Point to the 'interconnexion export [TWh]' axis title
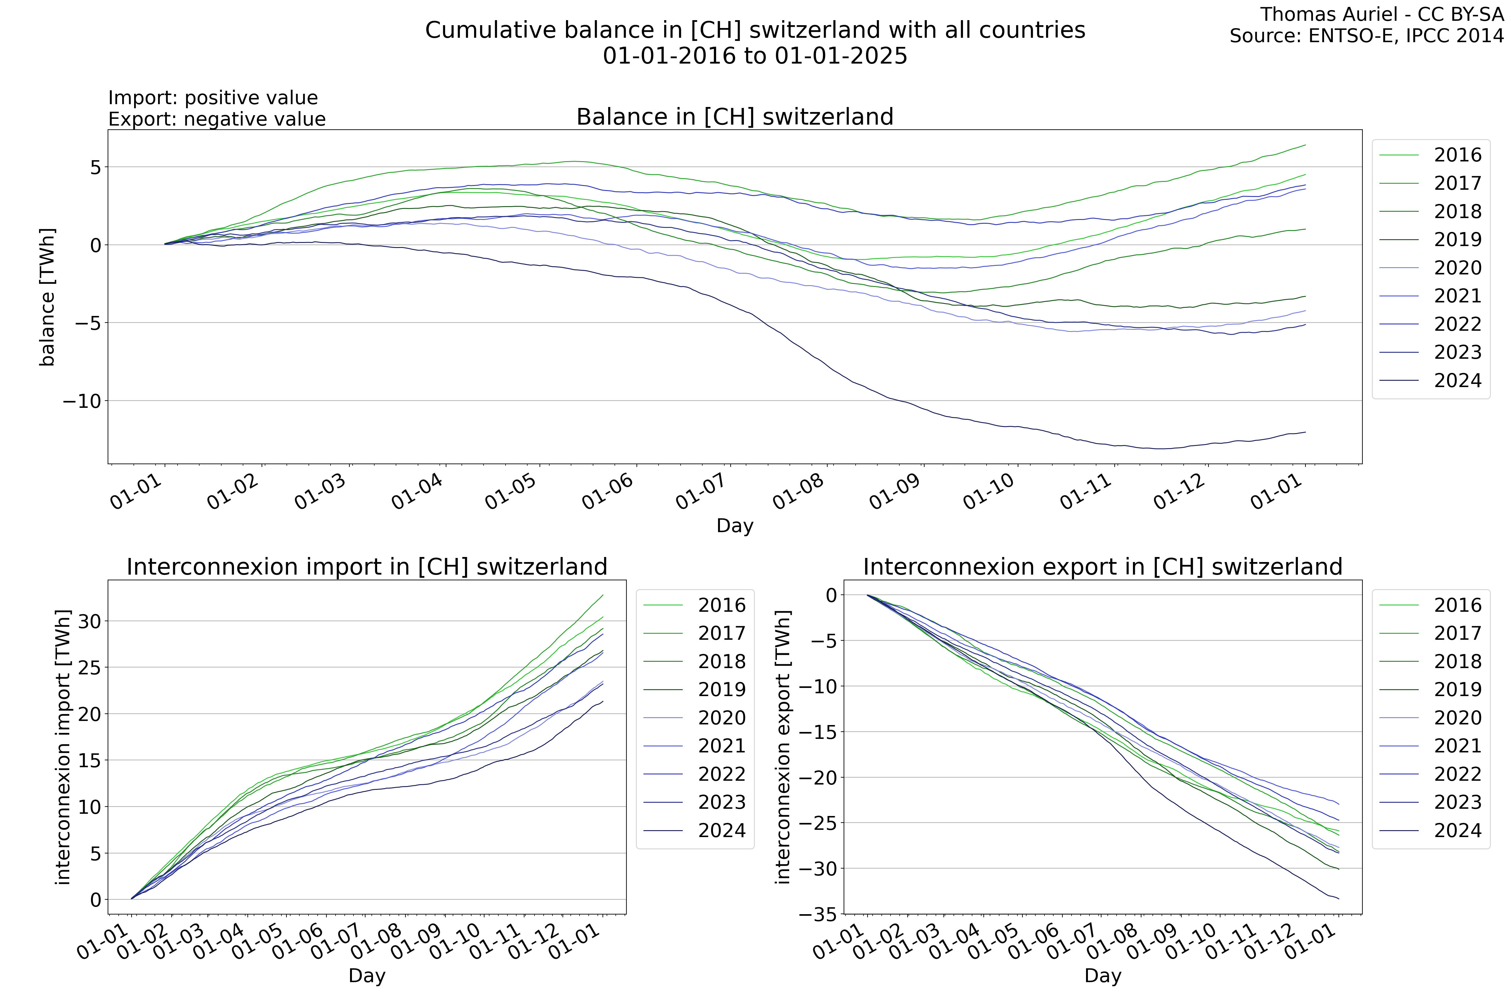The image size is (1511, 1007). (783, 747)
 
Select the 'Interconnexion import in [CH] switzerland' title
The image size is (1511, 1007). (367, 567)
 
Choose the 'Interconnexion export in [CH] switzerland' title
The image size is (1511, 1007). (1102, 567)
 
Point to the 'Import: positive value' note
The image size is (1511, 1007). (213, 98)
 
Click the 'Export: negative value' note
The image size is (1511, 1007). (217, 120)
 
